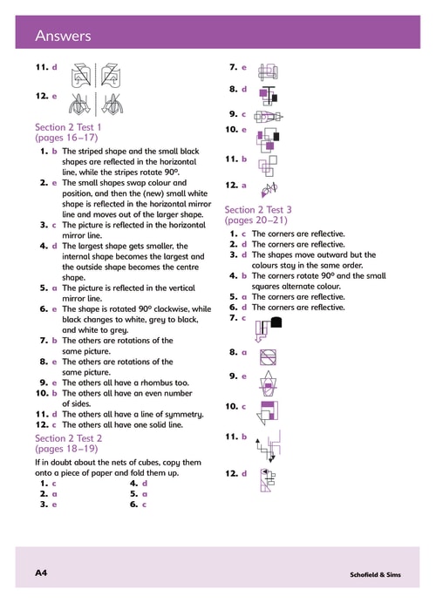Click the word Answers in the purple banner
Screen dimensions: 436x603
tap(63, 36)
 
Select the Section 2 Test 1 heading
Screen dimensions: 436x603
tap(68, 127)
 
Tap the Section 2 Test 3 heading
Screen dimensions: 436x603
tap(258, 210)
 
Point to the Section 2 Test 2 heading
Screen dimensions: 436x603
tap(69, 438)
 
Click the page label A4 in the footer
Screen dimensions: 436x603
tap(41, 573)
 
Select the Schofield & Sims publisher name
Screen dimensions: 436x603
tap(375, 574)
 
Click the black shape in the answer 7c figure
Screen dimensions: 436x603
tap(276, 322)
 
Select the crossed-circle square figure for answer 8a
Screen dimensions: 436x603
tap(269, 357)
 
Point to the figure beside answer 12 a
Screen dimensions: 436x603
tap(269, 189)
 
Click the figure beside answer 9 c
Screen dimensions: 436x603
tap(269, 116)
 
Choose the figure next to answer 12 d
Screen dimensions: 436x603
tap(268, 480)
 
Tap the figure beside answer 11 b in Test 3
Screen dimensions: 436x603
tap(269, 446)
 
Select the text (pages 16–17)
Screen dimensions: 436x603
tap(66, 138)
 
